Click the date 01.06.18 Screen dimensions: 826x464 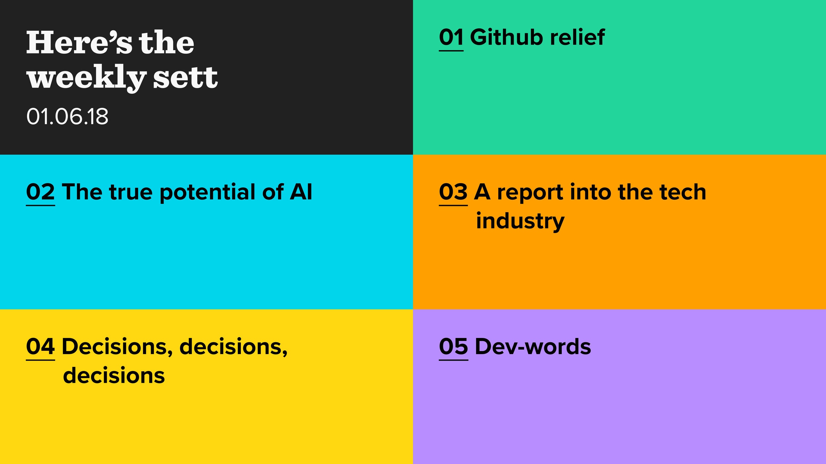tap(67, 116)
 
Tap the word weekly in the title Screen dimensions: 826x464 tap(86, 78)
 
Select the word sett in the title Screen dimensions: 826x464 tap(185, 77)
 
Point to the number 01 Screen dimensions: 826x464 tap(451, 37)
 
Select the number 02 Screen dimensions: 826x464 tap(40, 192)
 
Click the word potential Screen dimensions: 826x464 tap(207, 192)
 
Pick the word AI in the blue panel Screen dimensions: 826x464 tap(301, 192)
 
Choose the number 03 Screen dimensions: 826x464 tap(453, 192)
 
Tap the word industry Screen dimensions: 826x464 tap(520, 221)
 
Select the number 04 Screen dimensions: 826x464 tap(40, 347)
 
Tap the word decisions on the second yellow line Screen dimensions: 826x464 tap(114, 376)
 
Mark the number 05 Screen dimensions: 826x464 tap(453, 347)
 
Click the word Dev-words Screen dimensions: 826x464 tap(533, 347)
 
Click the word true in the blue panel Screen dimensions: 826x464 tap(131, 192)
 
